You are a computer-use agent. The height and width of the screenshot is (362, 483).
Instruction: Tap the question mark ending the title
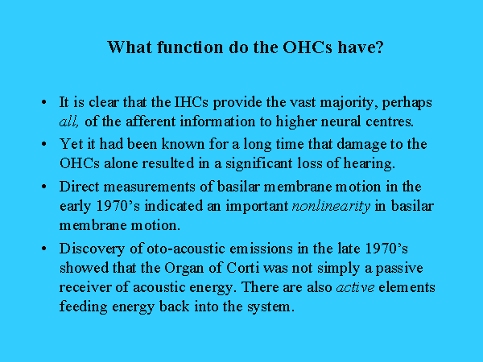[379, 47]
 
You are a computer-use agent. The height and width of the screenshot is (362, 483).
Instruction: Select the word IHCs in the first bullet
[192, 102]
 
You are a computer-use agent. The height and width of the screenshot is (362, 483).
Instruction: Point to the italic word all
[69, 121]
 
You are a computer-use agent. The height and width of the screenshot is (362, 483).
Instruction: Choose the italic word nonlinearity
[331, 206]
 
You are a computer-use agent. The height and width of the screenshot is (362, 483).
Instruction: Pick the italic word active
[356, 287]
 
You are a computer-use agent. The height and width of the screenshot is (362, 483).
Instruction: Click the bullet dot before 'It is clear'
[44, 102]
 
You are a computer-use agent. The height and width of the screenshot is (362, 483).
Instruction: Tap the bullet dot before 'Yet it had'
[44, 144]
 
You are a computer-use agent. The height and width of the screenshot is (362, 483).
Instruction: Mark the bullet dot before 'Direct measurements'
[44, 187]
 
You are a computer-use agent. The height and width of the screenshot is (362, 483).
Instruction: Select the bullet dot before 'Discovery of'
[44, 248]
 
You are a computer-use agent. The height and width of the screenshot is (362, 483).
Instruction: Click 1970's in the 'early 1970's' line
[118, 206]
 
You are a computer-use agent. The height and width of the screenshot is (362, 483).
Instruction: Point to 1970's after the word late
[386, 248]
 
